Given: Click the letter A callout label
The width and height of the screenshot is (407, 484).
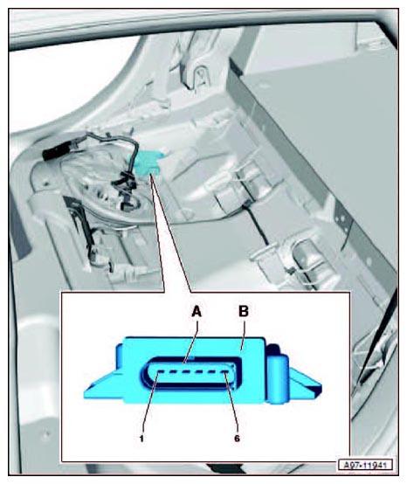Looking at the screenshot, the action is (x=197, y=311).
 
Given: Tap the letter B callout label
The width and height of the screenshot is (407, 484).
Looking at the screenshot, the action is (x=244, y=311).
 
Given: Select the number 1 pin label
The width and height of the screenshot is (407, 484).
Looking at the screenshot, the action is (x=141, y=439).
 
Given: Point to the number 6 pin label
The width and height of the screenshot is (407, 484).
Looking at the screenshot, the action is (x=237, y=439).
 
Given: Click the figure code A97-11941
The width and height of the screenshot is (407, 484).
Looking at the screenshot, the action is (x=365, y=465).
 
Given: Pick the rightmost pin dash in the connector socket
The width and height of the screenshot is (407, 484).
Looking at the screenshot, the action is (x=226, y=373).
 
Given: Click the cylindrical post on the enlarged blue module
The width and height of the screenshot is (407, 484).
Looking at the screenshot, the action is (x=278, y=379).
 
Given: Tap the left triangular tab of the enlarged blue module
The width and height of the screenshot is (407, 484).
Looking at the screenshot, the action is (x=103, y=385).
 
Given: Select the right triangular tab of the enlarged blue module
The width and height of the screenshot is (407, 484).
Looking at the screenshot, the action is (x=304, y=382).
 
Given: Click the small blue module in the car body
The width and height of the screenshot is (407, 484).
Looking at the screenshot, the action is (x=146, y=162).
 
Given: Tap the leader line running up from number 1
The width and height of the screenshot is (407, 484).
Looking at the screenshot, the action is (x=150, y=403).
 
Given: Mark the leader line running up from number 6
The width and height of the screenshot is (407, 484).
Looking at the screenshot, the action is (x=232, y=403).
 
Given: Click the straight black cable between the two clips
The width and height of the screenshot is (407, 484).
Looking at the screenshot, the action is (x=256, y=225).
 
